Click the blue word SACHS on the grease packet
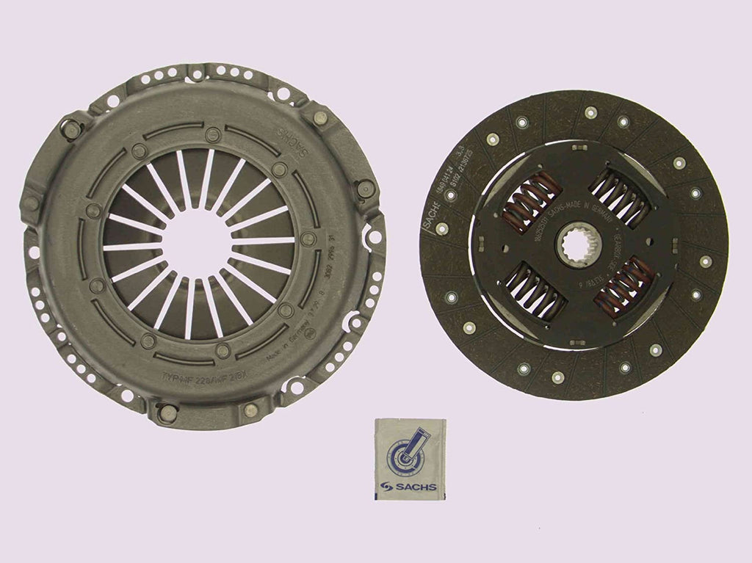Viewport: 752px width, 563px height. [x=416, y=485]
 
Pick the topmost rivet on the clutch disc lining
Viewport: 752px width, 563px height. [x=590, y=112]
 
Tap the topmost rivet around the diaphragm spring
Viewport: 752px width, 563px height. [x=211, y=133]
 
